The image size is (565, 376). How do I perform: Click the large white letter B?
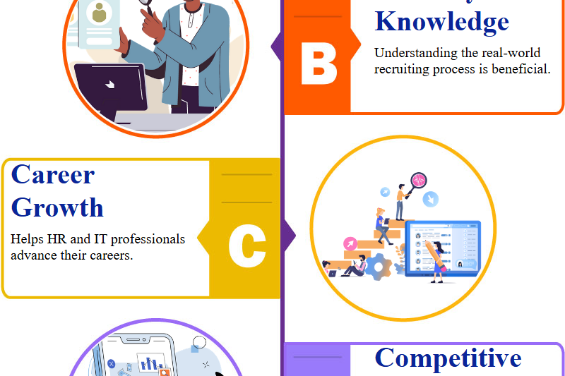point(319,64)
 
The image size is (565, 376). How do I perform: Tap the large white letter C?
point(246,246)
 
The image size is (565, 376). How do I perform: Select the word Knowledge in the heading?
point(441,21)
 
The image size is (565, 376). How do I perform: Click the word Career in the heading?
point(53,174)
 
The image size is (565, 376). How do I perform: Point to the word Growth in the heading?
point(57,207)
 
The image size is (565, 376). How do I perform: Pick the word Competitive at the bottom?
point(448,358)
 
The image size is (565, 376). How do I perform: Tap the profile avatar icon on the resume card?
point(99,13)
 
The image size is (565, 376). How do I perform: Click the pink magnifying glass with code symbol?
point(419,179)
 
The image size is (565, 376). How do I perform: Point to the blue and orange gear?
point(379,266)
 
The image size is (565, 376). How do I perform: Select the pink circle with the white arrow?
point(350,244)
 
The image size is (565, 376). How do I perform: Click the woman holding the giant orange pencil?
point(436,260)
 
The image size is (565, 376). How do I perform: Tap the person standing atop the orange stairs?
point(400,201)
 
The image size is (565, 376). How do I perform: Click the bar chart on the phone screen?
point(149,364)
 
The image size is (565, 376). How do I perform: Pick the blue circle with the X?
point(111,363)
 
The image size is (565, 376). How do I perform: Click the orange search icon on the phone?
point(165,372)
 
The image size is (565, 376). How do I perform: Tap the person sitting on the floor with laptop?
point(355,267)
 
